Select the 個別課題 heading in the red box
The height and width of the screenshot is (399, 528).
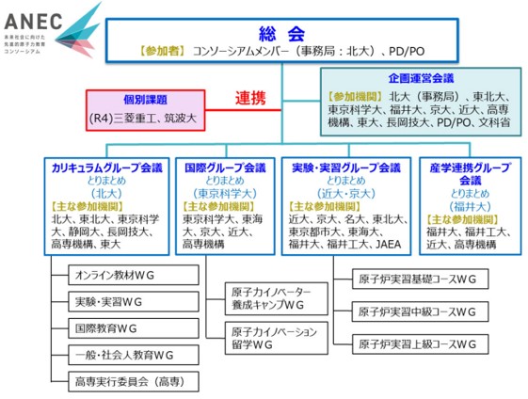(x=146, y=100)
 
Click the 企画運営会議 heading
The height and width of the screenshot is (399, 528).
(x=419, y=78)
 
